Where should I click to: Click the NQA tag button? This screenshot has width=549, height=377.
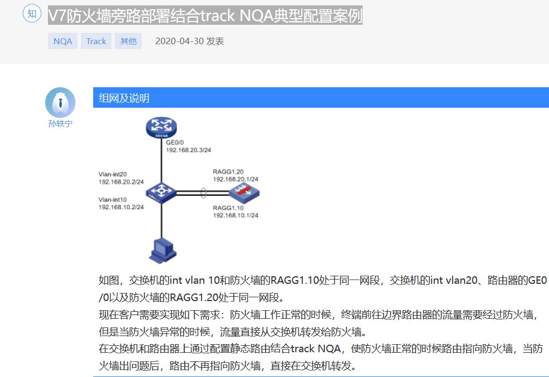pos(62,41)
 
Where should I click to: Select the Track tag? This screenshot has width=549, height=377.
pos(96,41)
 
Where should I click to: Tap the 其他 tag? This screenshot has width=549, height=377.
pos(128,41)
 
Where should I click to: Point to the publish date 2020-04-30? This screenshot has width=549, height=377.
pos(179,41)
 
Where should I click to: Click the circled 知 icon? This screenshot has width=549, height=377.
pos(32,14)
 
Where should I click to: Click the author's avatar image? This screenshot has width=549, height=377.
pos(60,102)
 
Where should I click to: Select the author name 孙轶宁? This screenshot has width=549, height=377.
pos(60,123)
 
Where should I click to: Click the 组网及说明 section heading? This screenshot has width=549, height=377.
pos(124,98)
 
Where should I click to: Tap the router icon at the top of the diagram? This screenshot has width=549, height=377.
pos(161,128)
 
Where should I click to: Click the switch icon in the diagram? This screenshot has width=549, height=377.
pos(161,191)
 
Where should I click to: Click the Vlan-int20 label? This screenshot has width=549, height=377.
pos(113,174)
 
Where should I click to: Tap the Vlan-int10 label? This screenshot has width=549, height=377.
pos(113,199)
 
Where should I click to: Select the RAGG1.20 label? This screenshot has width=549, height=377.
pos(228,172)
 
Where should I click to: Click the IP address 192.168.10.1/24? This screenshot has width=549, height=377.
pos(235,215)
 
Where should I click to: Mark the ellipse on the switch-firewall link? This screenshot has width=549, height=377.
pos(203,192)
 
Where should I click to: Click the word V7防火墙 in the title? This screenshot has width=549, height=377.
pos(81,15)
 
